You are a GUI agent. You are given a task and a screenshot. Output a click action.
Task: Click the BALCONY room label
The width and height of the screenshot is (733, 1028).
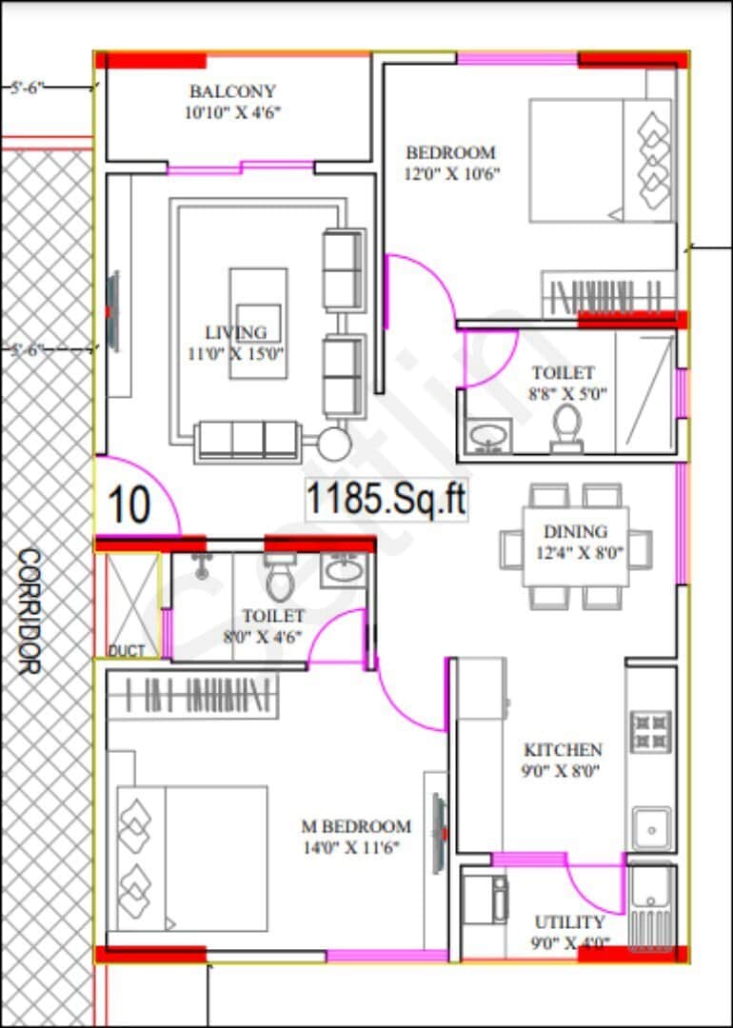[232, 91]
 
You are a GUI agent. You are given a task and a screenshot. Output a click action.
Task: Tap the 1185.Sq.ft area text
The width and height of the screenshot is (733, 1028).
[386, 501]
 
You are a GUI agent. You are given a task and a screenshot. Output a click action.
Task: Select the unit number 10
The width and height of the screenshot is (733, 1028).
[129, 504]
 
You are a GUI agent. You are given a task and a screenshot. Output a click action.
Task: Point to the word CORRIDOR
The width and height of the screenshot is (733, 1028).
[29, 611]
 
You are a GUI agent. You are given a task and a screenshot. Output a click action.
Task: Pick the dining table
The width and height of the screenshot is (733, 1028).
[575, 546]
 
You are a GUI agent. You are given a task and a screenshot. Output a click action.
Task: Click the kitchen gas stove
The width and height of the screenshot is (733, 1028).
[651, 730]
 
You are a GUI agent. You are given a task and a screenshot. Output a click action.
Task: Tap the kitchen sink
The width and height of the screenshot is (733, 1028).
[651, 829]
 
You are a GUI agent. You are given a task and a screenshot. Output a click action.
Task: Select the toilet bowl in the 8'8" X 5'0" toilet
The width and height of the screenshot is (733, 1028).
[567, 428]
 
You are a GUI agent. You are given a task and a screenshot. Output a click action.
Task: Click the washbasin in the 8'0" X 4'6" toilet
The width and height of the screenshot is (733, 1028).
[343, 569]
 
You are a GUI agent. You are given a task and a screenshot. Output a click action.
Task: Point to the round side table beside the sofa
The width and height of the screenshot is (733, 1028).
[334, 445]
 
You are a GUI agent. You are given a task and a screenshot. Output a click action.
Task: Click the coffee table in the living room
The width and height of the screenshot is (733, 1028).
[258, 324]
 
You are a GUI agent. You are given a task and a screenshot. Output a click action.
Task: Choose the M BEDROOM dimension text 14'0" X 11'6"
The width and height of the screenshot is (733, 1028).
[350, 848]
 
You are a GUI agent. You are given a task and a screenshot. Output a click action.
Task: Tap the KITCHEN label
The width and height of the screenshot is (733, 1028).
[563, 749]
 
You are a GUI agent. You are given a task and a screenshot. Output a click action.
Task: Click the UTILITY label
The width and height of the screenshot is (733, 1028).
[569, 922]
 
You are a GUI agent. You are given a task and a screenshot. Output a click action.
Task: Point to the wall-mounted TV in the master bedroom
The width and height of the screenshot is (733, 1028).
[439, 833]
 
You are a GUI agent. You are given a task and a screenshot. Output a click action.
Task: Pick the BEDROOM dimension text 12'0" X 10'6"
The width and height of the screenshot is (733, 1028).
[453, 174]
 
